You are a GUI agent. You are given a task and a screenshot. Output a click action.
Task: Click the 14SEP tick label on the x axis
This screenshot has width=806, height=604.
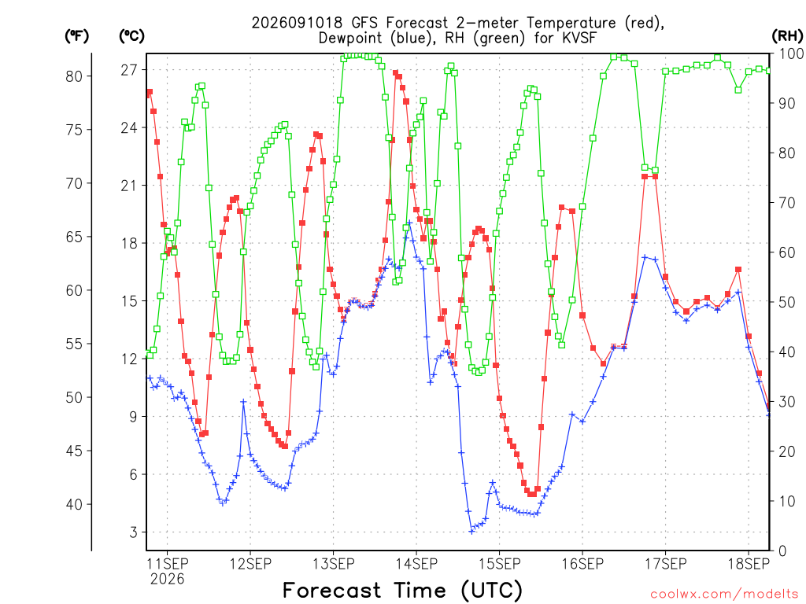tap(416, 564)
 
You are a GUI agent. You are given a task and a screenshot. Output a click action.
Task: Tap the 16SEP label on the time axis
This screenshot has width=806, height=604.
tap(582, 564)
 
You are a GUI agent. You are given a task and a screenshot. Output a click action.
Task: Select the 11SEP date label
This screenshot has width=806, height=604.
tap(168, 564)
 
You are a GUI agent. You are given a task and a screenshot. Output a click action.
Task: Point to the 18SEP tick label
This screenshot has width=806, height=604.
tap(749, 564)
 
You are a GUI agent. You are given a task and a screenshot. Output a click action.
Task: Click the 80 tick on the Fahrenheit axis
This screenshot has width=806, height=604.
tap(74, 76)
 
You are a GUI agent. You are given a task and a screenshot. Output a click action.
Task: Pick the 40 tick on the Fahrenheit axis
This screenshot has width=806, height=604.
tap(74, 504)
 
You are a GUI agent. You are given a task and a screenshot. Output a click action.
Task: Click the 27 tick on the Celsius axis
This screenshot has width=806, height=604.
tap(129, 70)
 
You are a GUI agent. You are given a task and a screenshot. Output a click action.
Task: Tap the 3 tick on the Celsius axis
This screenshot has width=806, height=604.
tap(134, 532)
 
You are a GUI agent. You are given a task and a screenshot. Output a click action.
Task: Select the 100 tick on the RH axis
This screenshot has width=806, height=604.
tap(791, 53)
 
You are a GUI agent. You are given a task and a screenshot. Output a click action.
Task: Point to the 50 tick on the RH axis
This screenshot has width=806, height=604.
tap(786, 303)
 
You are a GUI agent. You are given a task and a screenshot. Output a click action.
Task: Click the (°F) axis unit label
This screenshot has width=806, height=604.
tap(76, 36)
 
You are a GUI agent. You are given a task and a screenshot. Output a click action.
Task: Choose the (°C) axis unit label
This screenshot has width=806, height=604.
tap(131, 36)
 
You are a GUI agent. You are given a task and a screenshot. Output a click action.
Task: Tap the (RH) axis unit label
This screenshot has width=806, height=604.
tap(787, 36)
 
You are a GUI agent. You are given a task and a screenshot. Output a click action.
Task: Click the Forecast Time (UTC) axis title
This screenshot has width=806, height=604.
tap(402, 590)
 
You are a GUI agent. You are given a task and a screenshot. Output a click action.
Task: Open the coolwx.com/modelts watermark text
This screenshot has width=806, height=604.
tap(724, 595)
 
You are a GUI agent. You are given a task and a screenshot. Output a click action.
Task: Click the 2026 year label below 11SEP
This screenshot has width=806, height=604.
tap(167, 580)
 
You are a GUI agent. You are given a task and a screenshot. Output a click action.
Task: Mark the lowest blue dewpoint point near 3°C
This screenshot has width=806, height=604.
tap(471, 532)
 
